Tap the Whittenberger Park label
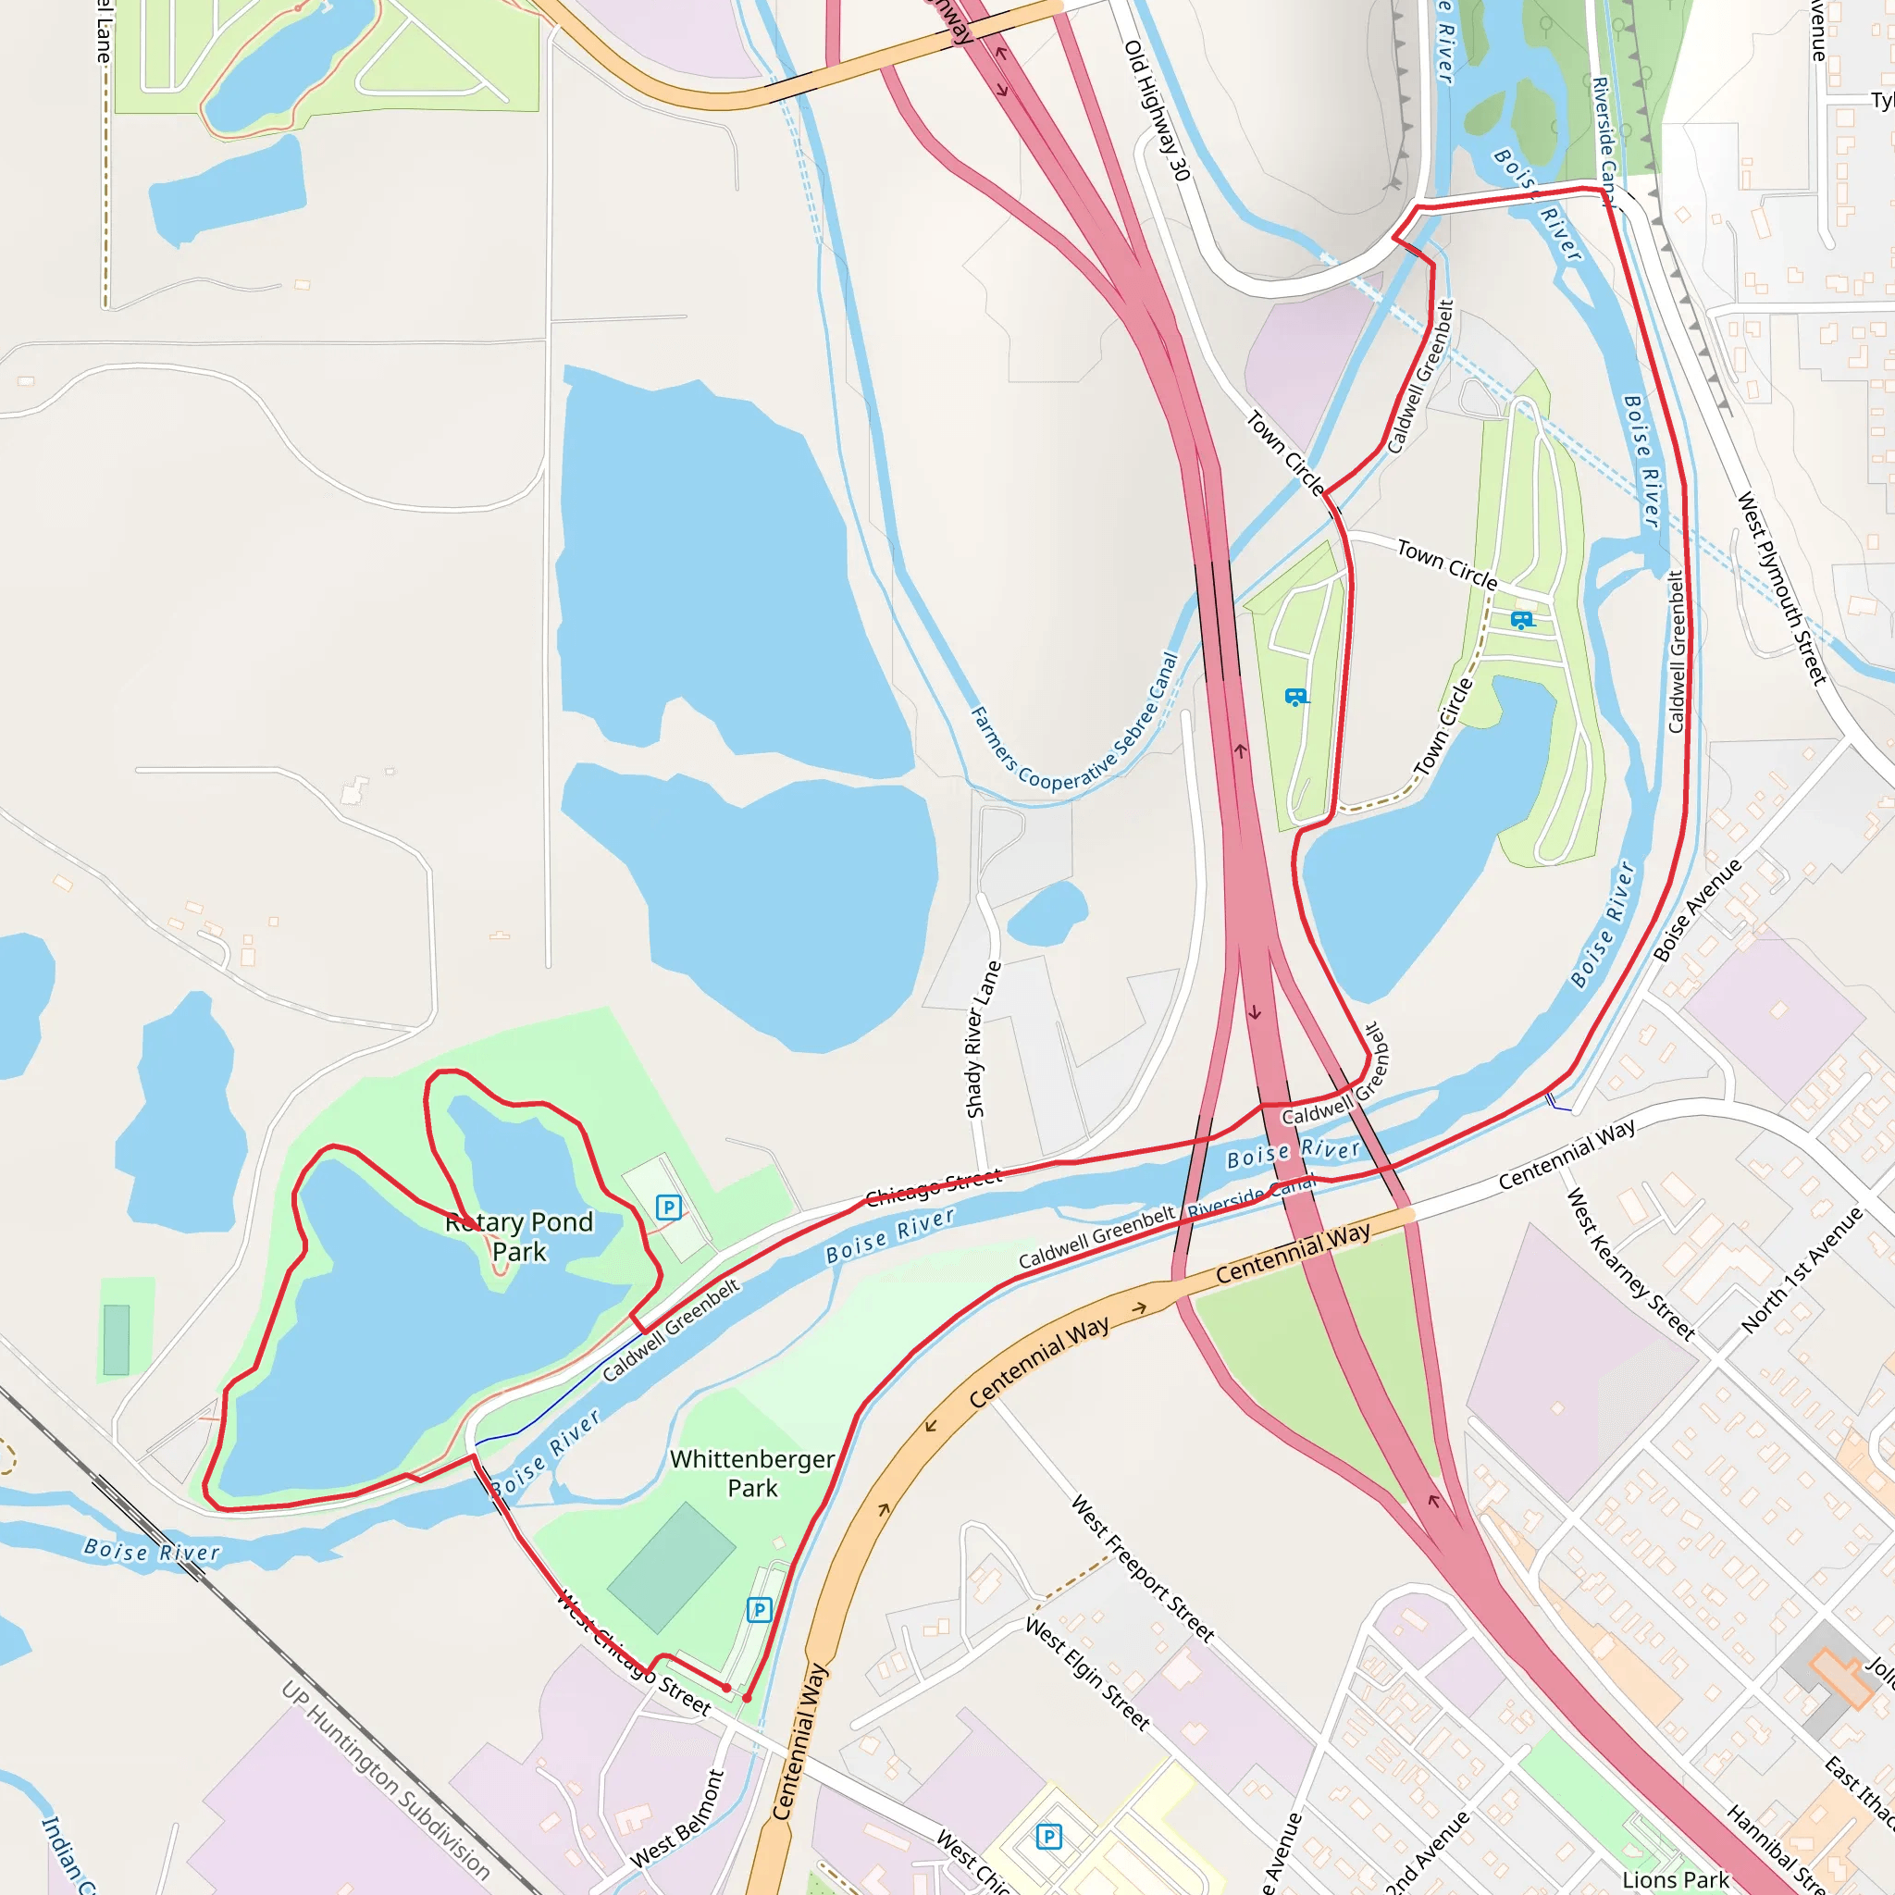pos(752,1473)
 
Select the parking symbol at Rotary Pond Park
pos(668,1208)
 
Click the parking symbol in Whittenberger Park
pos(759,1610)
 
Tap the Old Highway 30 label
pos(1158,110)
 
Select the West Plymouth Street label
pos(1782,588)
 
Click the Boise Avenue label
pos(1697,910)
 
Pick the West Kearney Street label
pos(1630,1263)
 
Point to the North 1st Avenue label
pos(1802,1271)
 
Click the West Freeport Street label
pos(1143,1568)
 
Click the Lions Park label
pos(1676,1879)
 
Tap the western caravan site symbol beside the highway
pos(1296,698)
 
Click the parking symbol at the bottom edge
pos(1048,1836)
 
